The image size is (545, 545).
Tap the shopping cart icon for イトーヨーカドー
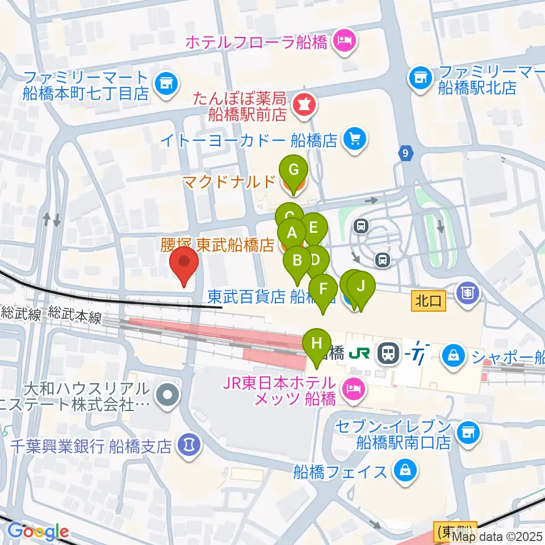pos(356,139)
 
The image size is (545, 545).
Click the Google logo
pos(39,532)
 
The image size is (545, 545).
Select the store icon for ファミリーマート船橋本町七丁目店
pos(166,83)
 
